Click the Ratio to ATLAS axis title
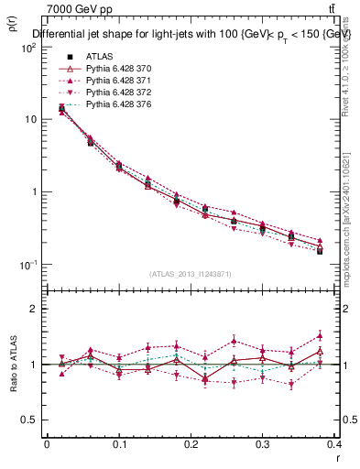11,365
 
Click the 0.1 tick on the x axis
119,444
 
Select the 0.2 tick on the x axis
191,444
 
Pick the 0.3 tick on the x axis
264,444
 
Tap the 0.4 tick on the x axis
334,444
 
